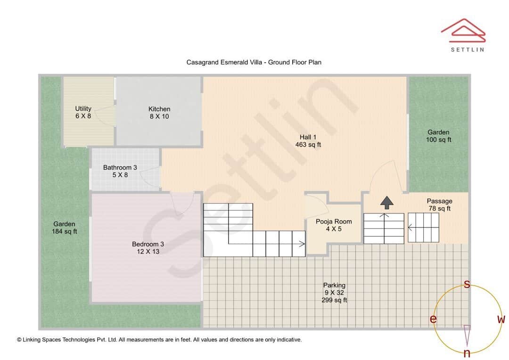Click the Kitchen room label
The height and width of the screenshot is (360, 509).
(159, 113)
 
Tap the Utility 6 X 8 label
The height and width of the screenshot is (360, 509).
(83, 112)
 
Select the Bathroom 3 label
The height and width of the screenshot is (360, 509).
(120, 171)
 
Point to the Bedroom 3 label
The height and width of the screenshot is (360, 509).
(148, 248)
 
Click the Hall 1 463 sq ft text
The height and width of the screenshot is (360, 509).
(308, 141)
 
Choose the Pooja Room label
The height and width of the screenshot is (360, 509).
(334, 225)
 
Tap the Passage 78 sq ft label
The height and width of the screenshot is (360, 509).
(439, 205)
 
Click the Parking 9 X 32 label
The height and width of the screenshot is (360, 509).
(334, 292)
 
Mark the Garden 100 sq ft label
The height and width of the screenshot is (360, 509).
(438, 136)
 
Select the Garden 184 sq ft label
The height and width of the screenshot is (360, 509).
(64, 228)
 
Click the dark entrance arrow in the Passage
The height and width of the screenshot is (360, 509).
(387, 203)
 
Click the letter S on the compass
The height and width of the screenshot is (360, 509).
(467, 284)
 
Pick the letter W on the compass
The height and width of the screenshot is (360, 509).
(501, 319)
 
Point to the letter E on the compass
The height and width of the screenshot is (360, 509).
(433, 319)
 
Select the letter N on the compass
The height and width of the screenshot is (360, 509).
(467, 353)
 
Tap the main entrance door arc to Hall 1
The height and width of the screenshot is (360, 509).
(386, 177)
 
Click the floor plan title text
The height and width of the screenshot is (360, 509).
(254, 62)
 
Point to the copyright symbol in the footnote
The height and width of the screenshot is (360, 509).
(19, 339)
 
